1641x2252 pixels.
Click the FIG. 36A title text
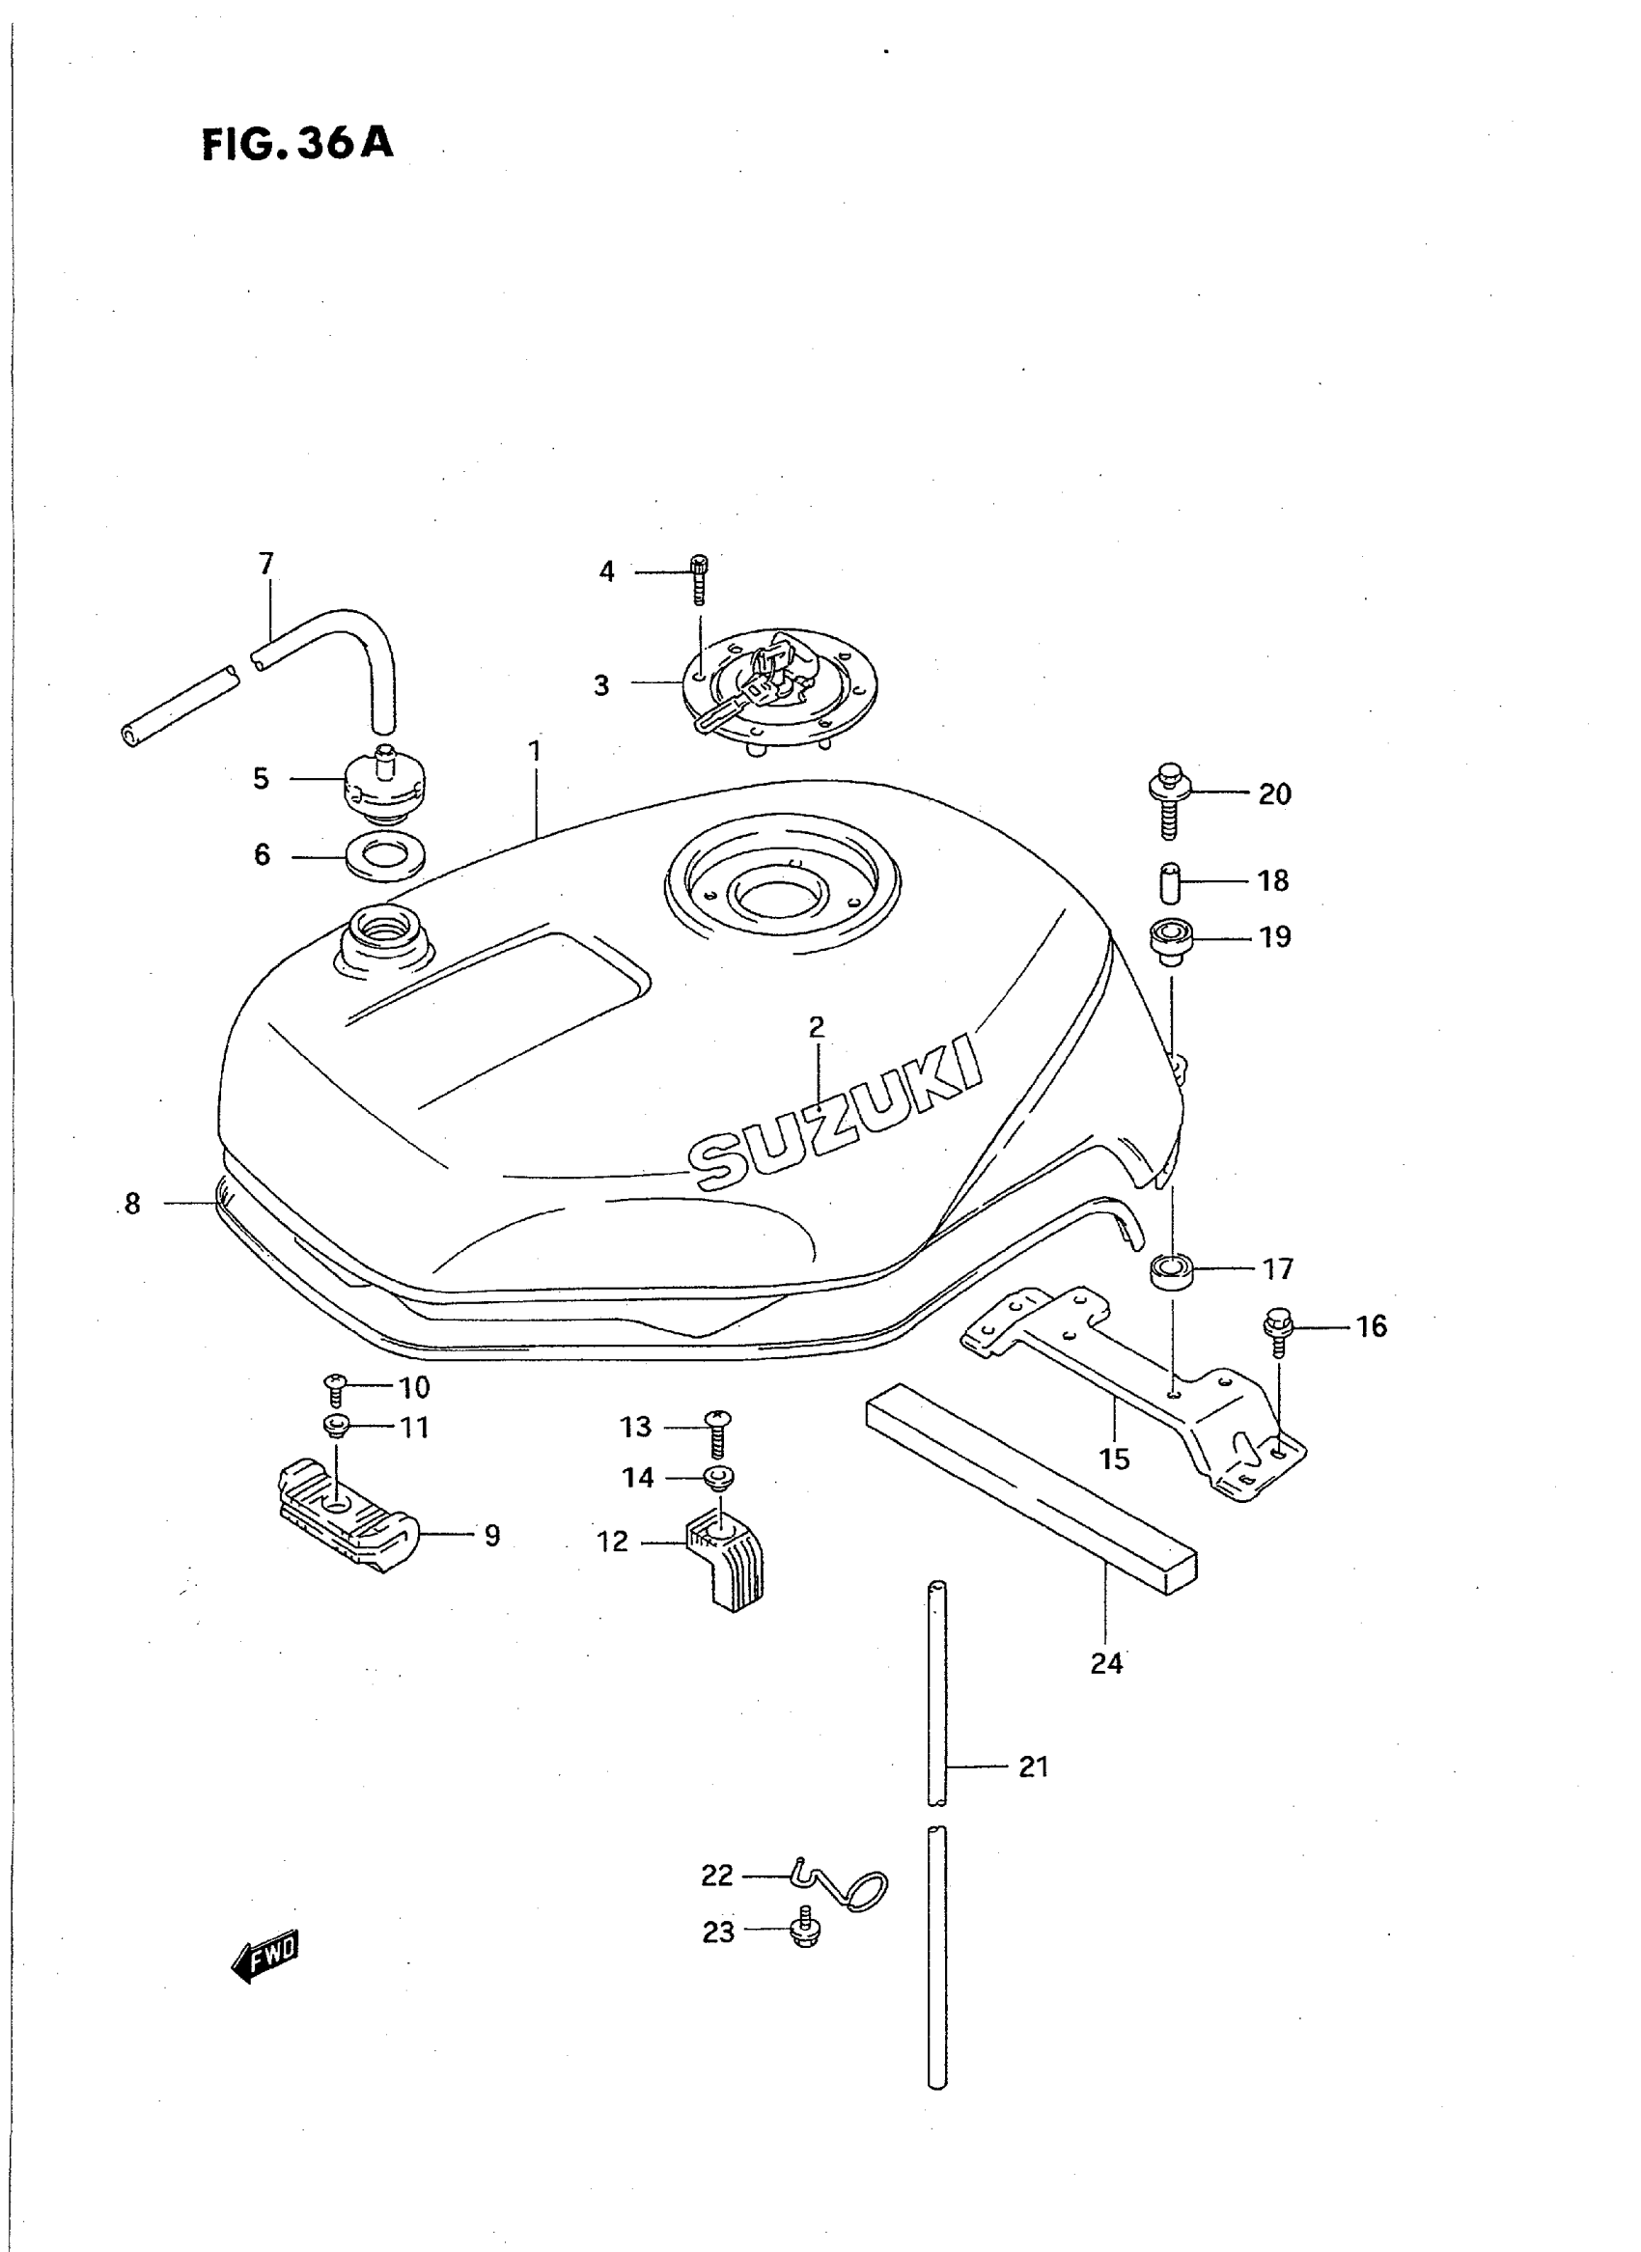(298, 143)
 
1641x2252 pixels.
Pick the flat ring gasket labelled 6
(386, 854)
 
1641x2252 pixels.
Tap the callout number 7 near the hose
(265, 565)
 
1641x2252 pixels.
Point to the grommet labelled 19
(1170, 940)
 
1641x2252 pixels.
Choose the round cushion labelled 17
(1171, 1271)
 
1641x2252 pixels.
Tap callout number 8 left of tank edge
(132, 1204)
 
